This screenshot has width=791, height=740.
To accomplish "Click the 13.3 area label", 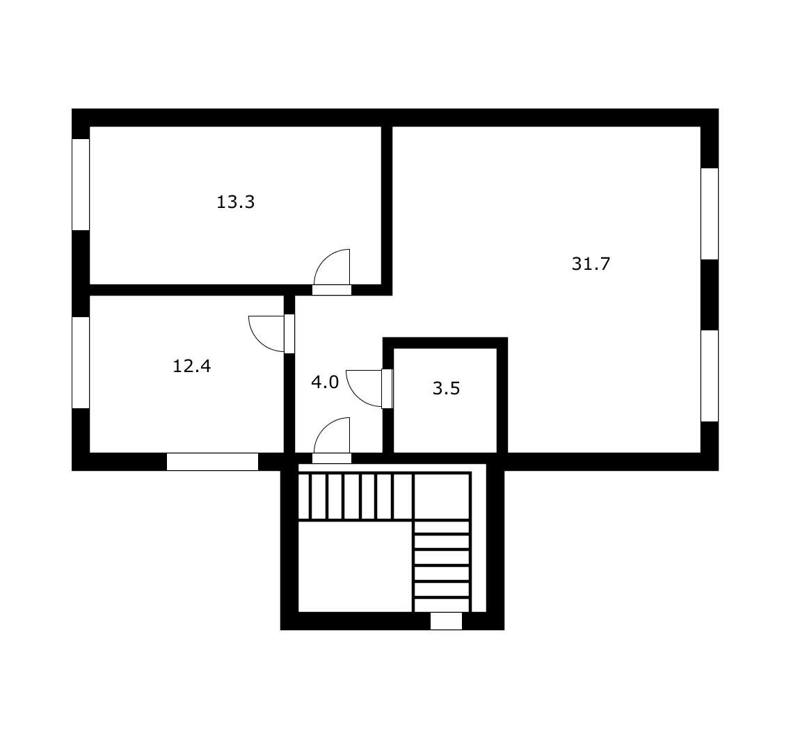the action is [236, 202].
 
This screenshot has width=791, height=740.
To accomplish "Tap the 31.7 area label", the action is [591, 264].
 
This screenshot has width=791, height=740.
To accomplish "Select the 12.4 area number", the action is [192, 366].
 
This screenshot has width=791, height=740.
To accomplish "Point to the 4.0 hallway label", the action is [325, 382].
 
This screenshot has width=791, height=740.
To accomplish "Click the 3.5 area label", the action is [447, 388].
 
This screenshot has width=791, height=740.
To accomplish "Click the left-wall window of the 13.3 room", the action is [81, 184].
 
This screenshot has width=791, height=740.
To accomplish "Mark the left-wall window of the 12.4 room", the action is [81, 362].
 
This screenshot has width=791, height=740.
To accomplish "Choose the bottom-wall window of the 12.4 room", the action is [212, 462].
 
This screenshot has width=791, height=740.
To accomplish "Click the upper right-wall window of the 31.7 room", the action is [710, 214].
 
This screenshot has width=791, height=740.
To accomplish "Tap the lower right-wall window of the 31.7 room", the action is [710, 376].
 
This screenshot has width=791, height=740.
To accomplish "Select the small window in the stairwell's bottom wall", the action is [446, 621].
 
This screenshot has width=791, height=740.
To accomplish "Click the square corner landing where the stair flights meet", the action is [442, 497].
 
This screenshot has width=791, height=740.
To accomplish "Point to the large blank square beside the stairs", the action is [355, 567].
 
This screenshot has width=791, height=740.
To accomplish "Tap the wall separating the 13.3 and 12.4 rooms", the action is [186, 290].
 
